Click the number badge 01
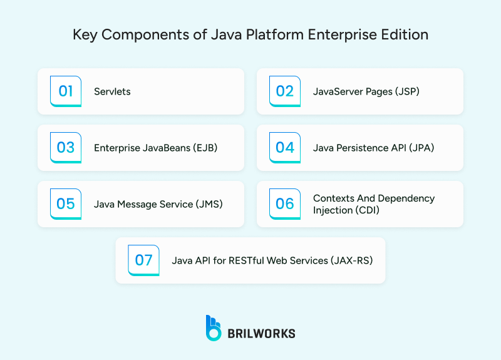click(x=66, y=91)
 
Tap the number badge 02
click(x=285, y=91)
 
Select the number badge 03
click(x=66, y=148)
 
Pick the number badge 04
click(x=285, y=148)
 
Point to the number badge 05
click(x=66, y=204)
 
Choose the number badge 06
click(x=285, y=204)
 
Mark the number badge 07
click(x=144, y=260)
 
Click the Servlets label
click(x=112, y=91)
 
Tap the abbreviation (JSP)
click(x=406, y=91)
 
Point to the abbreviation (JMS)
click(x=208, y=204)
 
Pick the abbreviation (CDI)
click(x=368, y=210)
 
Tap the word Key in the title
click(x=85, y=34)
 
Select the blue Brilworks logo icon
click(x=214, y=328)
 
